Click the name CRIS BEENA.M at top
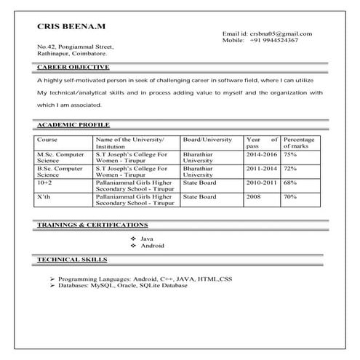click(71, 26)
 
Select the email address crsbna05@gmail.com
click(281, 34)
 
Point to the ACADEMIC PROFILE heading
click(72, 125)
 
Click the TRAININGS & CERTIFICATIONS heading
click(92, 225)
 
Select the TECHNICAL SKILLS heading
click(72, 259)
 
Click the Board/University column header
click(207, 139)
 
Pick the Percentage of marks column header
click(300, 143)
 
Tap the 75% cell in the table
click(290, 155)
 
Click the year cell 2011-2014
click(261, 169)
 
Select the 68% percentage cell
click(290, 183)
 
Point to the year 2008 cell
click(253, 196)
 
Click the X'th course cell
click(43, 196)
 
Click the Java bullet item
click(146, 239)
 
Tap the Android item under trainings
click(152, 246)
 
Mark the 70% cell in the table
click(290, 196)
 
